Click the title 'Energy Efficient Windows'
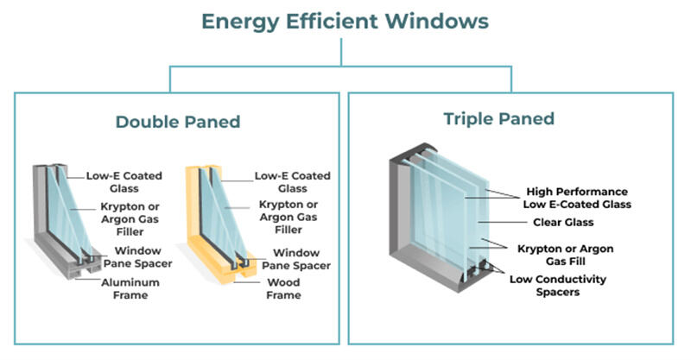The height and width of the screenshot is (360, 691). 344,21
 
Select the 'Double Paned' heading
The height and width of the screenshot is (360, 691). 177,122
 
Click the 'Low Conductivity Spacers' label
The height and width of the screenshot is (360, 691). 558,286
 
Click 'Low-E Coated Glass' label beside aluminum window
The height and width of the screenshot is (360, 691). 117,181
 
